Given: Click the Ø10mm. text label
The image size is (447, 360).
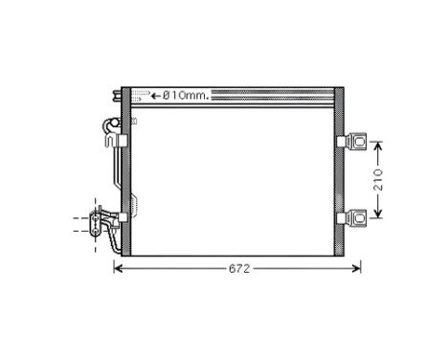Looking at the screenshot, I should (187, 95).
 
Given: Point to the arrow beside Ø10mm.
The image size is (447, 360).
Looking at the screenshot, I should (156, 95).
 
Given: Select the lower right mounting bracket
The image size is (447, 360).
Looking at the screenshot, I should (357, 217).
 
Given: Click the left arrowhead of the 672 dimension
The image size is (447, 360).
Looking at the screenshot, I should (119, 269).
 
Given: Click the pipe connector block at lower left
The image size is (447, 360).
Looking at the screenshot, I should (98, 222).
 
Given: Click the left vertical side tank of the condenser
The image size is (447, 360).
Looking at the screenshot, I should (125, 172).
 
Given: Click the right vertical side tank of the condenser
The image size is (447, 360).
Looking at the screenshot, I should (339, 172).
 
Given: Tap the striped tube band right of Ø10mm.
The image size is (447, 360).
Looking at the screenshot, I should (272, 95).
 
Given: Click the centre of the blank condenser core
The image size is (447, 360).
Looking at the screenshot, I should (233, 177).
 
